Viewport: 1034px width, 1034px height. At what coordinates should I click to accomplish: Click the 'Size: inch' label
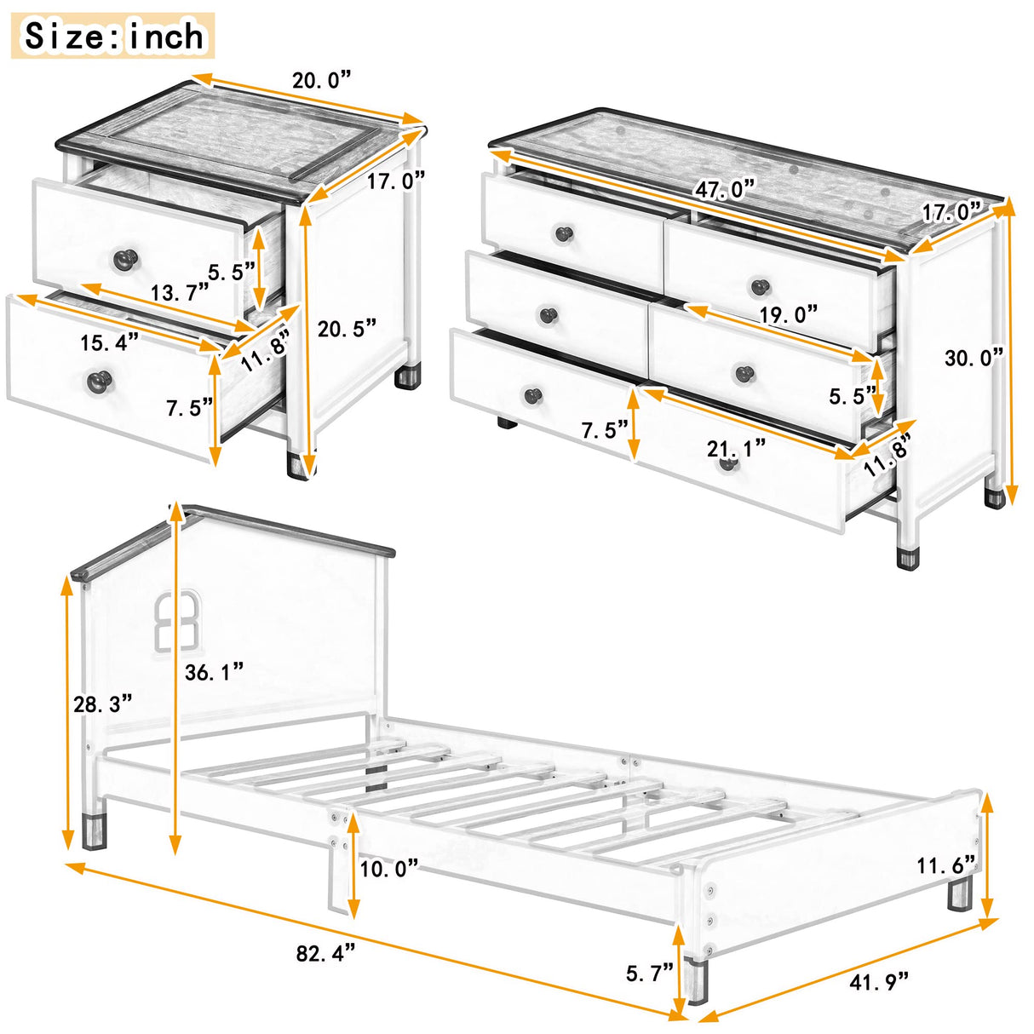(113, 37)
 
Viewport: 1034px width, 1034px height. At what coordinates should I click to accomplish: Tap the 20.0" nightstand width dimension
(321, 81)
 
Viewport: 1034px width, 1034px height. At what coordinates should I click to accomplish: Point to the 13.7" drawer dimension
(180, 293)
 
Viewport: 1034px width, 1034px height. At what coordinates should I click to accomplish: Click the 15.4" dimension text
(110, 342)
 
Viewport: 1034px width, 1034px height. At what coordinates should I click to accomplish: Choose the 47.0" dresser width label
(726, 188)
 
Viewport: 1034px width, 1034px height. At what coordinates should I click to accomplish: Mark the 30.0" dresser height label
(974, 358)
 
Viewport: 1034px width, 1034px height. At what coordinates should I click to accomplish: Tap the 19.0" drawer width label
(788, 313)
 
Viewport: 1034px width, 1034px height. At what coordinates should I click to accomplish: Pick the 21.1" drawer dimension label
(736, 447)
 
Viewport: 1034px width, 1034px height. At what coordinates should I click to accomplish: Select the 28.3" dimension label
(103, 704)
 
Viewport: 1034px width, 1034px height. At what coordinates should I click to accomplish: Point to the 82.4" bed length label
(325, 953)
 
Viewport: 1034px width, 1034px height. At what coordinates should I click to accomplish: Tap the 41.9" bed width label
(880, 981)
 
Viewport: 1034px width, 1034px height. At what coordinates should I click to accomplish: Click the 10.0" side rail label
(388, 868)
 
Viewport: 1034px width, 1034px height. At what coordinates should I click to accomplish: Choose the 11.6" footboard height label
(946, 866)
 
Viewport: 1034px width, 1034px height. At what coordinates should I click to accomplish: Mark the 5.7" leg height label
(649, 972)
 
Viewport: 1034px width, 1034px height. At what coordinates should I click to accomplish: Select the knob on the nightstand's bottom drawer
(100, 380)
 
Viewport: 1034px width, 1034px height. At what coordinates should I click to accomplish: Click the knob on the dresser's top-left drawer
(562, 233)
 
